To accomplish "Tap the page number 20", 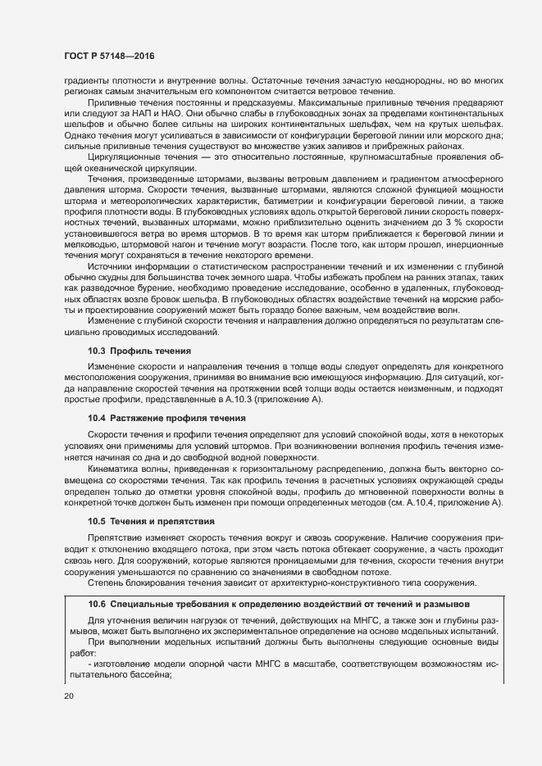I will coord(69,696).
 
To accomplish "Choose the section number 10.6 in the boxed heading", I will coord(98,602).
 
